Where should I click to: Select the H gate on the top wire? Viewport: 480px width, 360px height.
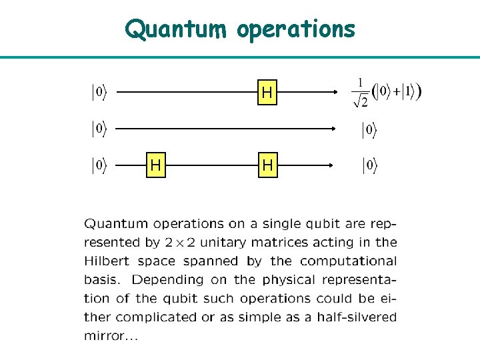click(267, 94)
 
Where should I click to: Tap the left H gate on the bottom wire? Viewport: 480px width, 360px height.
click(156, 165)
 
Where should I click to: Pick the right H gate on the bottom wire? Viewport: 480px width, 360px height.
click(267, 165)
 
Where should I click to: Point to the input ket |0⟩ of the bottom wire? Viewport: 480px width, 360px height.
click(98, 165)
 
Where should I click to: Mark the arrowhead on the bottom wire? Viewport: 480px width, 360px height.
click(330, 165)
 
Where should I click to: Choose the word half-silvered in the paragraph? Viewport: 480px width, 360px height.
click(359, 317)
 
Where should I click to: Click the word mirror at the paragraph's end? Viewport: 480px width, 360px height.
click(103, 336)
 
